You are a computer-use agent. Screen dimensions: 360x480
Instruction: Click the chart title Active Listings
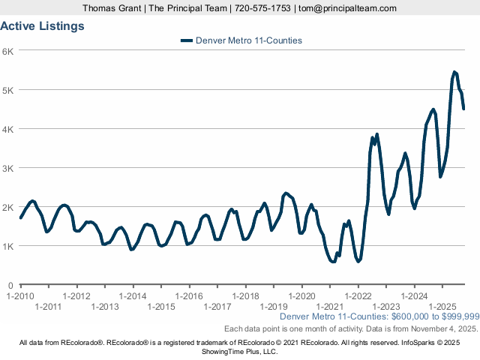(42, 25)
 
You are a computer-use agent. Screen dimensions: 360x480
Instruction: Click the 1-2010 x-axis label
(20, 296)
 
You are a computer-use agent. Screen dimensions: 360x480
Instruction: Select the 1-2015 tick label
(160, 306)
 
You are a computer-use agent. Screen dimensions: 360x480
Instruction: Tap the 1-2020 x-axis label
(301, 296)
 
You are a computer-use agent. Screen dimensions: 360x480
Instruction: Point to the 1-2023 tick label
(385, 306)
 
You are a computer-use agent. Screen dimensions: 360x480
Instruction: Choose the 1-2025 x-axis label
(442, 306)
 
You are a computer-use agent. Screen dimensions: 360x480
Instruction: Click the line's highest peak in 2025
(454, 72)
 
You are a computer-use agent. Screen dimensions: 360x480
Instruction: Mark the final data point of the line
(463, 109)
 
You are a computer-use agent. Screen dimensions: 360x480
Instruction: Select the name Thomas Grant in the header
(111, 8)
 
